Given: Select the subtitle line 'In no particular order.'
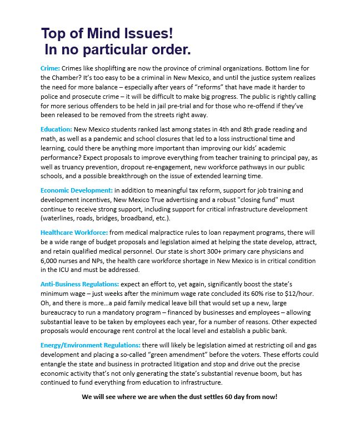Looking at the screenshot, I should click(117, 49).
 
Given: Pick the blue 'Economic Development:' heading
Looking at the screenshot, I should click(77, 190).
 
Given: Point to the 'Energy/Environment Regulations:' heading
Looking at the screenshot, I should click(91, 346).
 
